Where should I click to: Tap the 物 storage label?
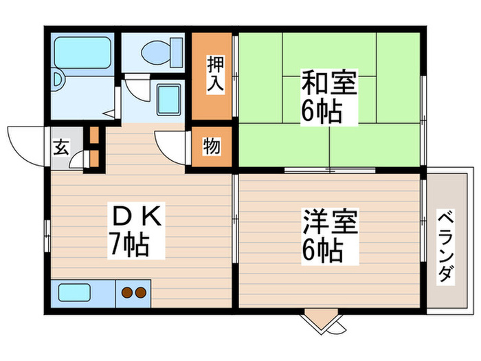[212, 146]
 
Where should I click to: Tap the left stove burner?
[127, 292]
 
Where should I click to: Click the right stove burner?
[141, 292]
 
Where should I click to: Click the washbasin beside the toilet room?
[168, 99]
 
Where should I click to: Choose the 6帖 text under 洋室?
[322, 252]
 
